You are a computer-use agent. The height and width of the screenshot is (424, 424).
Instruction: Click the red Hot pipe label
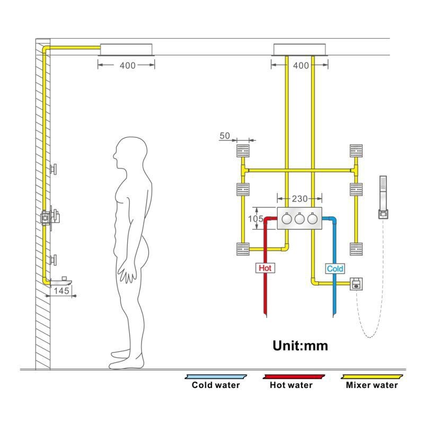265,268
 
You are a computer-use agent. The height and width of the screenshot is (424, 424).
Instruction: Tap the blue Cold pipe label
335,269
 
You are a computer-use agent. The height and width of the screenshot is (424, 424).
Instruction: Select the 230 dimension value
300,199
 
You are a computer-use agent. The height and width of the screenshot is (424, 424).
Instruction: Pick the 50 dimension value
225,136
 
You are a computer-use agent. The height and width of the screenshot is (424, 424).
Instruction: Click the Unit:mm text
300,346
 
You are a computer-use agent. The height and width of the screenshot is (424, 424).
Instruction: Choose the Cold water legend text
215,385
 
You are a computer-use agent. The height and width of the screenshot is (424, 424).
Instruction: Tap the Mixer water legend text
371,385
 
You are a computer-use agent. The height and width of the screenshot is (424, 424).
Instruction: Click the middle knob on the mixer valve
300,218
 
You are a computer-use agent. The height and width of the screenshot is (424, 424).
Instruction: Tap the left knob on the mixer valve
287,218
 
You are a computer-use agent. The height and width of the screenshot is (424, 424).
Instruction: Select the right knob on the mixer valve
313,218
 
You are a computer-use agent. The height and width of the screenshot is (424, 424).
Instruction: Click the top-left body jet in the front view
243,150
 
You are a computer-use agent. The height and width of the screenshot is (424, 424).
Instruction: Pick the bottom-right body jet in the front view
356,248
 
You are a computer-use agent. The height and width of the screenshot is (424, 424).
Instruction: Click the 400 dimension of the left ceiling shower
127,66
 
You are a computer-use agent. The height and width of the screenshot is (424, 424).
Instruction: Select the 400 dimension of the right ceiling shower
300,66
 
